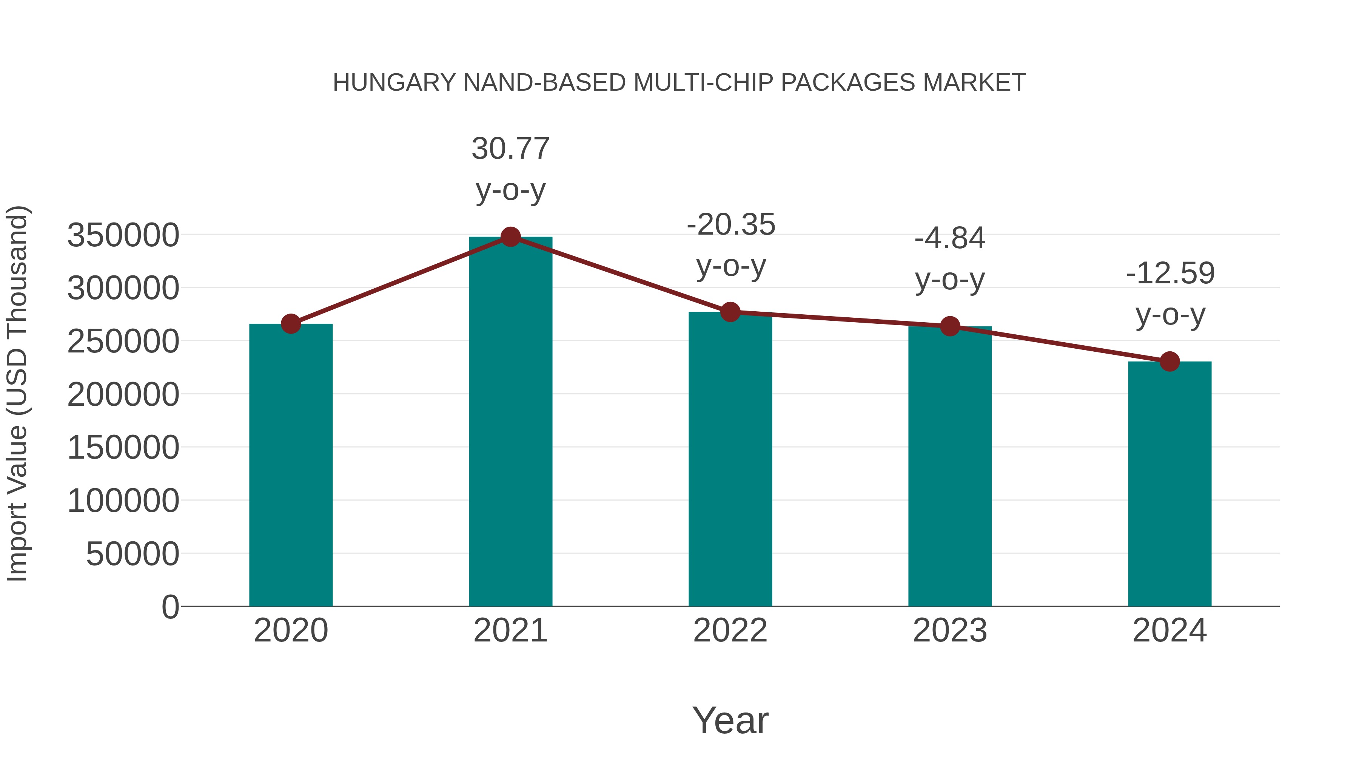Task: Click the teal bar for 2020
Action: pos(291,465)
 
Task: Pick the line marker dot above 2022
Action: pos(730,312)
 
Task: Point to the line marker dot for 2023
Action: pos(950,326)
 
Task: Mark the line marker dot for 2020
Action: pos(291,324)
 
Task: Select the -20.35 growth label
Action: pos(731,225)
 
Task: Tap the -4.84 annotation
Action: pos(950,239)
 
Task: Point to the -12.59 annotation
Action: pos(1170,274)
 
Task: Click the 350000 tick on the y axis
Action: pos(123,235)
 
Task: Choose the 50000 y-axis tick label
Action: pos(133,554)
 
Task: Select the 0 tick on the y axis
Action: pos(170,607)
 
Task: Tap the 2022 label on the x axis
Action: pos(730,631)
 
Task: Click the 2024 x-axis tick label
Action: pos(1169,631)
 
